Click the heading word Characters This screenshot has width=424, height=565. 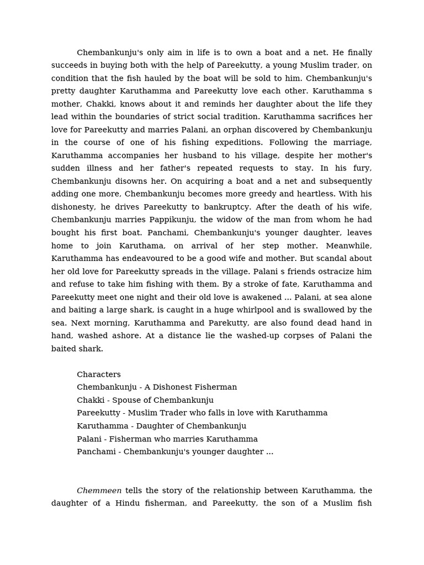point(99,375)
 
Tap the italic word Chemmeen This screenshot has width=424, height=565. point(99,491)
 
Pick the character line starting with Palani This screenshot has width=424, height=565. point(167,439)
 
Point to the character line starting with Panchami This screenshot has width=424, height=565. point(175,452)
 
